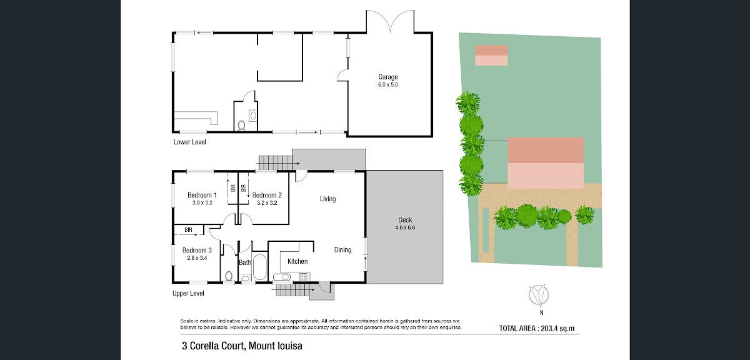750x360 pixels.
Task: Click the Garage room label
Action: click(x=388, y=77)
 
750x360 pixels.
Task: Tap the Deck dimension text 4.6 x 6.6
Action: click(x=405, y=227)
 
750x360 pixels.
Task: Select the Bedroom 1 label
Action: click(x=202, y=195)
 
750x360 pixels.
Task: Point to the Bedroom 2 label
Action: click(x=267, y=195)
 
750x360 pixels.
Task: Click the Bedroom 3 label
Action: click(x=197, y=250)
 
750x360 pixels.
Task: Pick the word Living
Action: click(x=327, y=199)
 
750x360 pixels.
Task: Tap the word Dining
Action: click(x=342, y=250)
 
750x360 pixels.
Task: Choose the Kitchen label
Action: click(x=297, y=261)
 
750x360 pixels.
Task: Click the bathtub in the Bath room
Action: click(x=260, y=267)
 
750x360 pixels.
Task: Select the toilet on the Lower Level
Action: click(x=241, y=125)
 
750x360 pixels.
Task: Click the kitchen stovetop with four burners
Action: click(x=303, y=277)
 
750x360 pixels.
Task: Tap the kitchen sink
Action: click(x=282, y=277)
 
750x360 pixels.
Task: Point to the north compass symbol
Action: click(x=539, y=295)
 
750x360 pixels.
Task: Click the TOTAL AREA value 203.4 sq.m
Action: click(x=557, y=329)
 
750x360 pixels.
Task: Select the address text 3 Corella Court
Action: click(x=212, y=346)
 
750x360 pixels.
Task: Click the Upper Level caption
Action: click(x=188, y=293)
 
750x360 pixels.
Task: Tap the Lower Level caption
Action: click(x=190, y=142)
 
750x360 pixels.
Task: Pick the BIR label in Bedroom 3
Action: click(x=188, y=230)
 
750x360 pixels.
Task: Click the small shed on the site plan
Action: click(x=491, y=55)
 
